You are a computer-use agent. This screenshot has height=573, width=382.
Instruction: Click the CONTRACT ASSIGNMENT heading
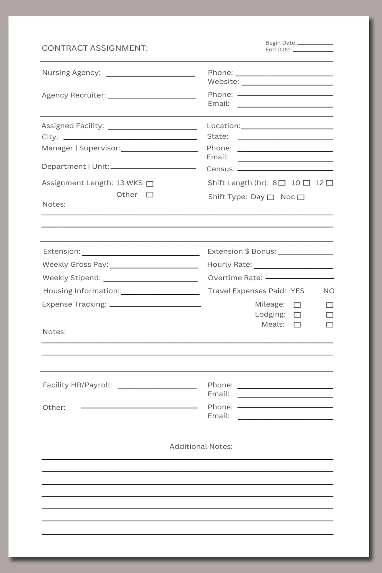coord(95,48)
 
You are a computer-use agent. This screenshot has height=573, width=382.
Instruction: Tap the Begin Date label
coord(281,43)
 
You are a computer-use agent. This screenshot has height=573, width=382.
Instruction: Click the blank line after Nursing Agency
coord(150,74)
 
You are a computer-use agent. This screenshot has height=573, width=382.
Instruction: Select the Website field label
coord(223,82)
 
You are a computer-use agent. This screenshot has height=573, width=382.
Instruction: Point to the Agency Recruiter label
coord(74,95)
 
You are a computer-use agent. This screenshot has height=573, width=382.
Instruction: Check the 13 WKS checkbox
coord(150,184)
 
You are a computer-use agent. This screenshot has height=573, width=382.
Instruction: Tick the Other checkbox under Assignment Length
coord(150,195)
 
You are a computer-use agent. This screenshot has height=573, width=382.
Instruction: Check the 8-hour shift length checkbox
coord(282,183)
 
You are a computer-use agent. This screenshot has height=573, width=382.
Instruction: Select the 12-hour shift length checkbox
coord(330,183)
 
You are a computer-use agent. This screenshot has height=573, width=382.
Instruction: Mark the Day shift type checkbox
coord(271,197)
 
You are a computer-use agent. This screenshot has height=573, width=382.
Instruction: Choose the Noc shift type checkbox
coord(301,197)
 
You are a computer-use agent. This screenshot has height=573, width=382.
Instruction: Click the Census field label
coord(220,169)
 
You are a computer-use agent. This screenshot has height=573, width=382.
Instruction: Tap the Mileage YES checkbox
coord(297,305)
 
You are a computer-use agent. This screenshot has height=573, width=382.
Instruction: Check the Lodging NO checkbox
coord(330,315)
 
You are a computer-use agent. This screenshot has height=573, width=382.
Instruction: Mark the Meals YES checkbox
coord(297,325)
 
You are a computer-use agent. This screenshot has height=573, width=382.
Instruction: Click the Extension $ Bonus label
coord(242,251)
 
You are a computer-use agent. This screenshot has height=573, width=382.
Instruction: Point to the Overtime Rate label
coord(235,278)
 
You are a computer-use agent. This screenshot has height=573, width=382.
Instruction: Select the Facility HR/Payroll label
coord(77,385)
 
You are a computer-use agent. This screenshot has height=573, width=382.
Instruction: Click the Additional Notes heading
coord(201,447)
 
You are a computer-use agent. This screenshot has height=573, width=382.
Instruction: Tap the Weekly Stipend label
coord(72,278)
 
